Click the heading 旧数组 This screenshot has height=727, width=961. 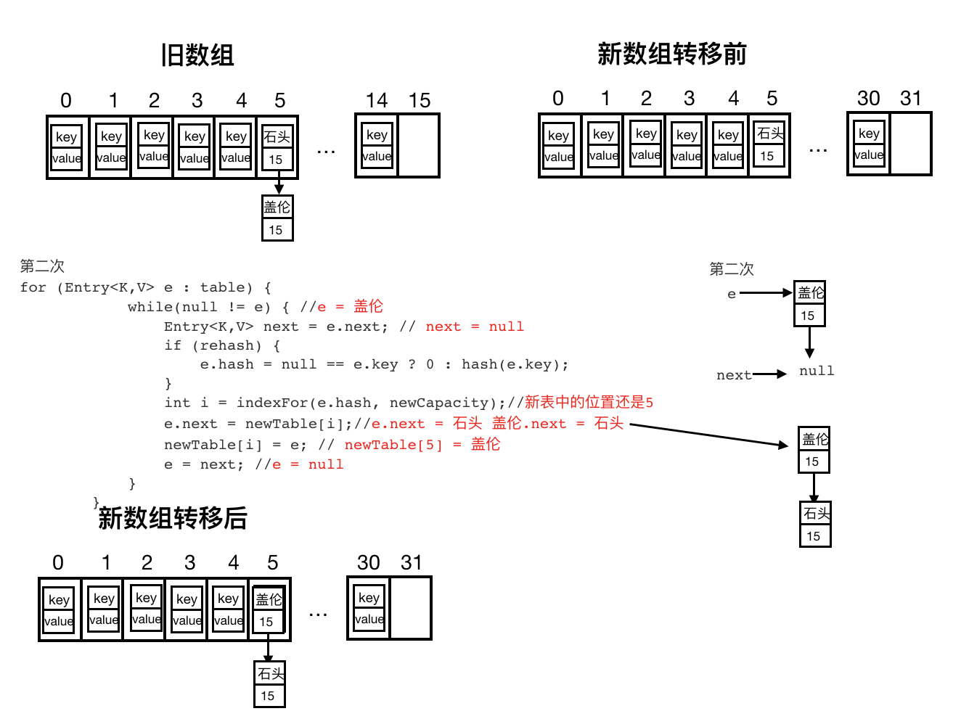197,55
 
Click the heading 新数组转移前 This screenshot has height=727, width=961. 671,54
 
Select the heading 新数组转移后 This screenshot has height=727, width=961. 173,518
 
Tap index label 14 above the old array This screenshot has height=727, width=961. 377,100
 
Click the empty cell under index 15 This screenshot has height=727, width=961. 419,146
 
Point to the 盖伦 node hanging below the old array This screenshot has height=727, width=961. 277,218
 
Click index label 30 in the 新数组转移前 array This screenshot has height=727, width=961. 868,98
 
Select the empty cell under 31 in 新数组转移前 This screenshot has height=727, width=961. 910,144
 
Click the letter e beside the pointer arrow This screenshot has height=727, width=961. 731,294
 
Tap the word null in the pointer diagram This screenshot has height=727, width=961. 817,371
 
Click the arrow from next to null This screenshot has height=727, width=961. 769,374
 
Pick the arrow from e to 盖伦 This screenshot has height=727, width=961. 766,293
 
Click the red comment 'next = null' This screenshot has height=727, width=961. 475,326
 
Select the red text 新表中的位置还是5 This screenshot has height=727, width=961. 589,402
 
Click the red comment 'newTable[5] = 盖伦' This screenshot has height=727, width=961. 422,444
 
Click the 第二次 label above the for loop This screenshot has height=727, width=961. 42,266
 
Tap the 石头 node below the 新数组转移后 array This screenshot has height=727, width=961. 270,684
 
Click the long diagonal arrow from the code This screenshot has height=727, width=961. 709,435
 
